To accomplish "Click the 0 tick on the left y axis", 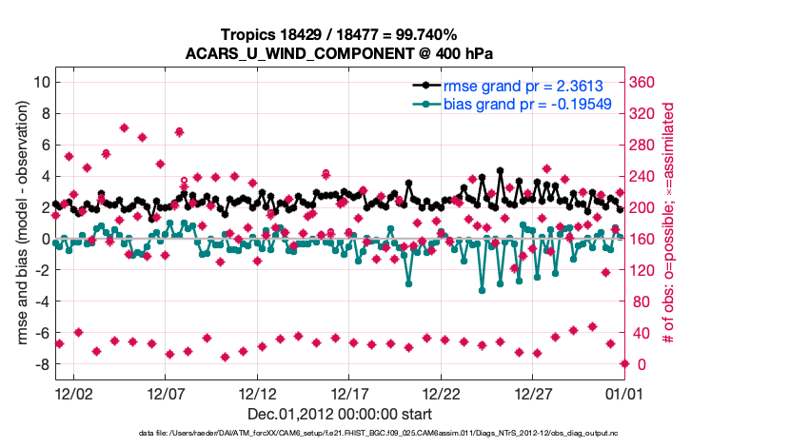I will tap(43, 239).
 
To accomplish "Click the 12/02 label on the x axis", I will tap(74, 393).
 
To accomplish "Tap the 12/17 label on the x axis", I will tap(350, 393).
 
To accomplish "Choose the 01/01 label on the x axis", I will tap(626, 393).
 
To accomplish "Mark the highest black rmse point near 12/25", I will tap(500, 171).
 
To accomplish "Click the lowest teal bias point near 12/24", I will tap(482, 290).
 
